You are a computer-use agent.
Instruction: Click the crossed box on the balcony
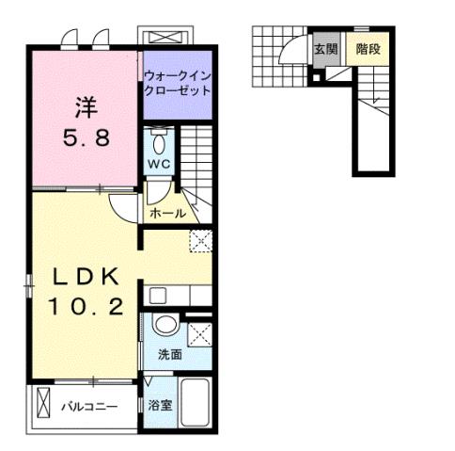[41, 406]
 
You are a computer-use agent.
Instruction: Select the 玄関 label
[325, 49]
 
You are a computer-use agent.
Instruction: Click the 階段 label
[366, 49]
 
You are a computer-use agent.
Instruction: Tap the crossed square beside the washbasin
[200, 335]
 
